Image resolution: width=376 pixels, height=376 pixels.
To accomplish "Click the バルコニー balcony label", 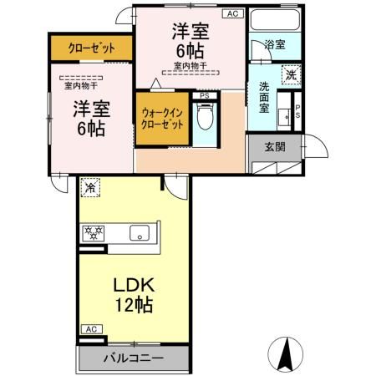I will [x=134, y=358].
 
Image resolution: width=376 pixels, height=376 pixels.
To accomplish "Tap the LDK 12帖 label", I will [x=134, y=293].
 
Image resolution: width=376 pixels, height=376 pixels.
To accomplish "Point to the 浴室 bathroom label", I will [x=275, y=44].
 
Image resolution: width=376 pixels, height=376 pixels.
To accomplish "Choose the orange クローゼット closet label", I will [x=91, y=48].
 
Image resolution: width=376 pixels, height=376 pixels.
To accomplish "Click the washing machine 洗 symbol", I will [x=289, y=73].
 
